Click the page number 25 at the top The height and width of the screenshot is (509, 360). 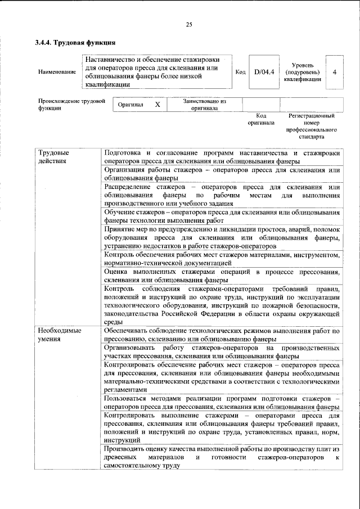(x=189, y=24)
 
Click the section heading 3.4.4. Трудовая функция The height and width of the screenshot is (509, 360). (x=75, y=42)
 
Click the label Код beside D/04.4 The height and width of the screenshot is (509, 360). (x=240, y=72)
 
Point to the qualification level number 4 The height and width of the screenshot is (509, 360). (x=335, y=72)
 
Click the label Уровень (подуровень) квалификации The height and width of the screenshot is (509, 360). (x=303, y=72)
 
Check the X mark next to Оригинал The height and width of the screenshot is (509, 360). (x=158, y=105)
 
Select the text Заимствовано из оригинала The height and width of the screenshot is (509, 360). (x=204, y=105)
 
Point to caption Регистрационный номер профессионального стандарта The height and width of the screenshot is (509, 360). (x=311, y=125)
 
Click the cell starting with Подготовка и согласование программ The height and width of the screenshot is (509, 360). (x=222, y=157)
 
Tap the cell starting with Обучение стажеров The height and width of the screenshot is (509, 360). (x=222, y=217)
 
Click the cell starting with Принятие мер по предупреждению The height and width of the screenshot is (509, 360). (x=222, y=238)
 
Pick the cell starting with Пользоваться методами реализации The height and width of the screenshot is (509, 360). (x=222, y=402)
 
